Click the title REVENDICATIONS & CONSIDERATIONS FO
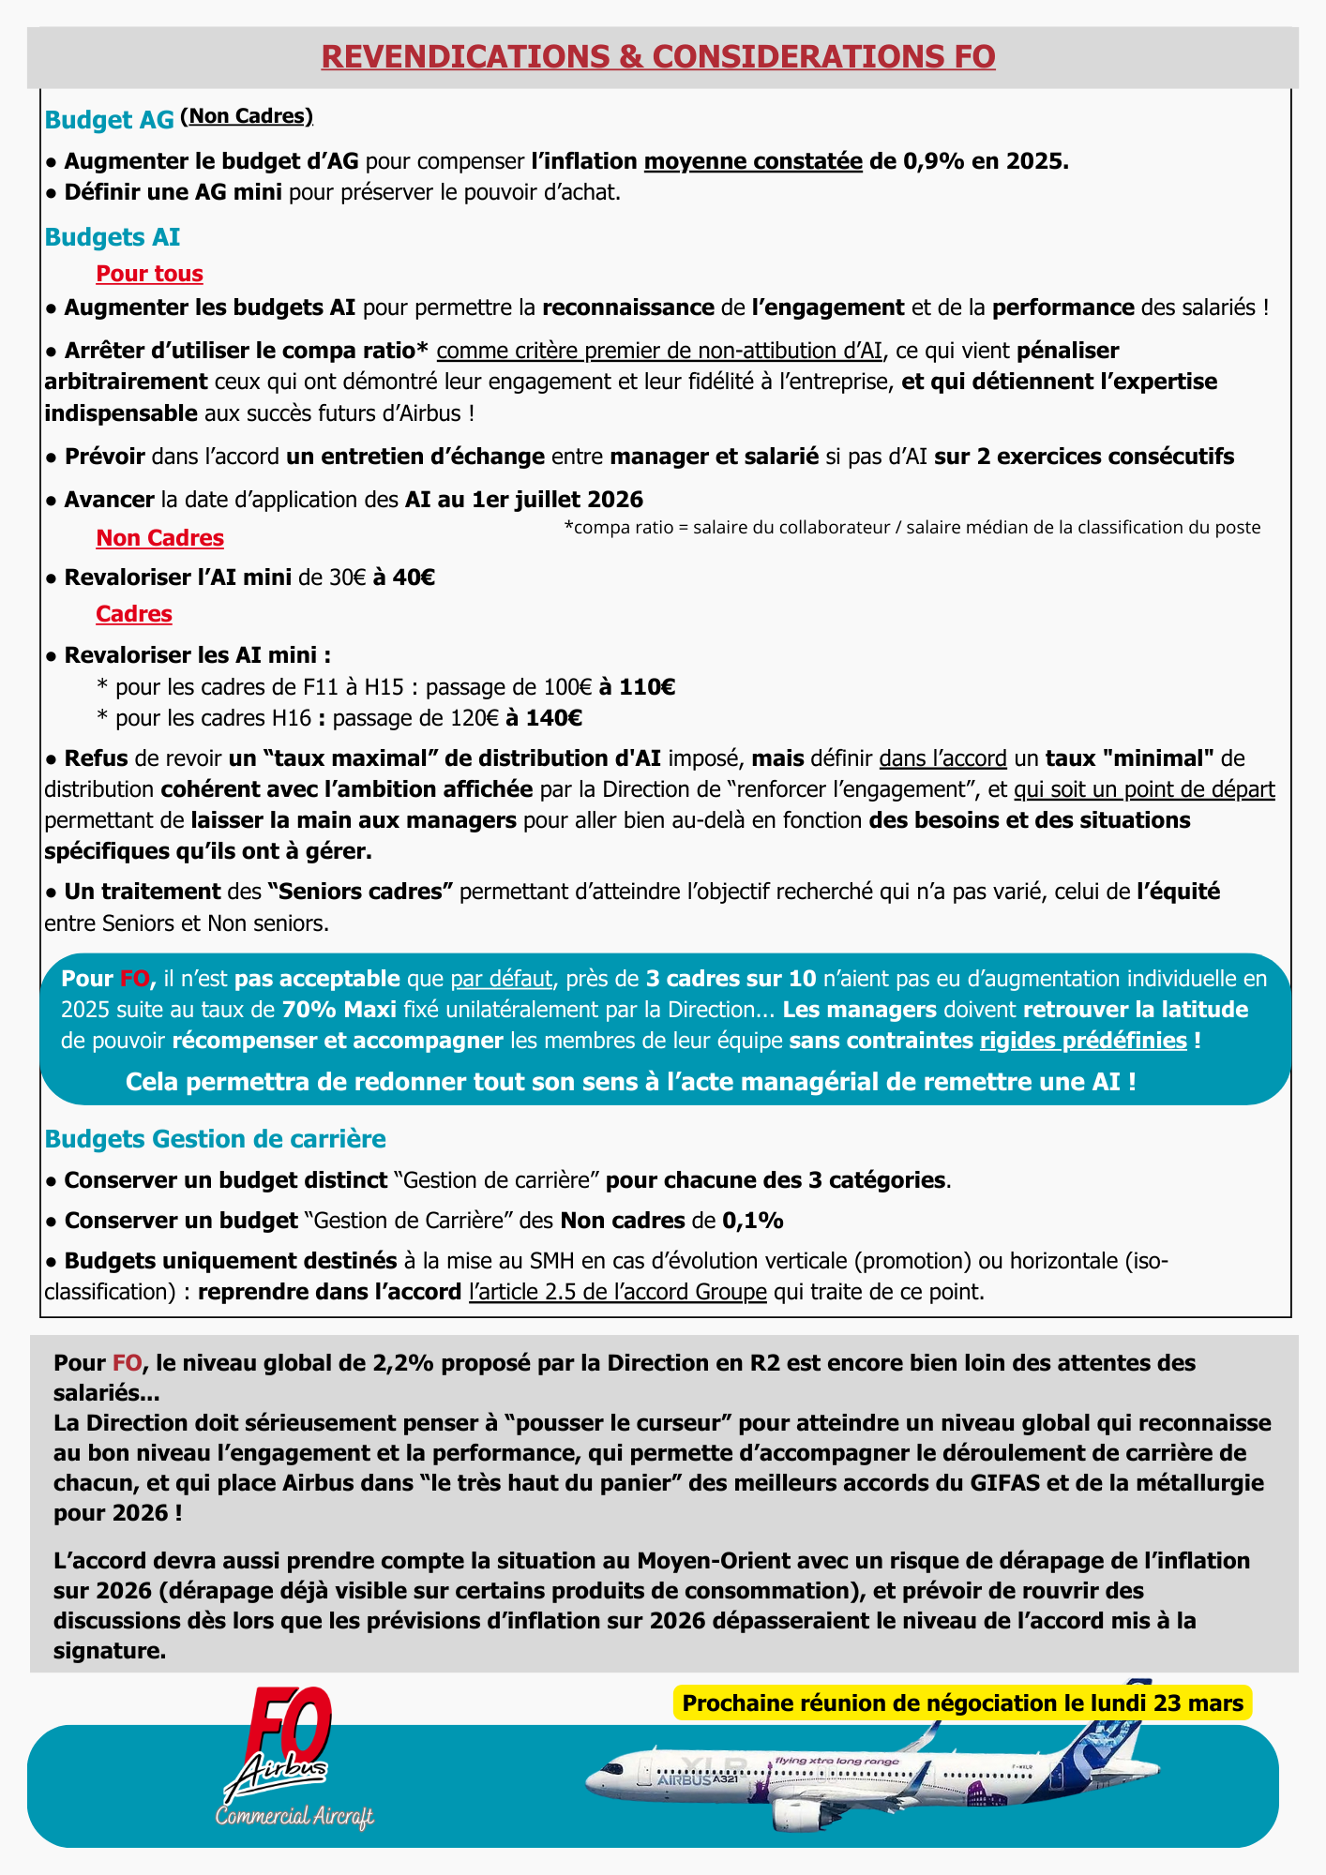click(x=658, y=56)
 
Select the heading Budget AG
click(x=110, y=120)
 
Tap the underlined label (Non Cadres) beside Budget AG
click(x=247, y=116)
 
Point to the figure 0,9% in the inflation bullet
click(x=934, y=161)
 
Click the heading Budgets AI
click(x=113, y=237)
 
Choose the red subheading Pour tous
click(x=149, y=274)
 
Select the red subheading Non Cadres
click(x=159, y=538)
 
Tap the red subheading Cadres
click(x=134, y=614)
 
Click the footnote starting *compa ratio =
click(x=912, y=528)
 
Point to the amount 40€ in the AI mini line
click(x=414, y=577)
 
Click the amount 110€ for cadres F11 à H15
click(x=647, y=687)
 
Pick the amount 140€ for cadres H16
click(x=554, y=719)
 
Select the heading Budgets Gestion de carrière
click(x=216, y=1139)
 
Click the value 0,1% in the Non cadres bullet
click(x=753, y=1221)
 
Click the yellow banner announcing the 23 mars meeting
click(x=962, y=1703)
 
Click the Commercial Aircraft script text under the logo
click(x=294, y=1816)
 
